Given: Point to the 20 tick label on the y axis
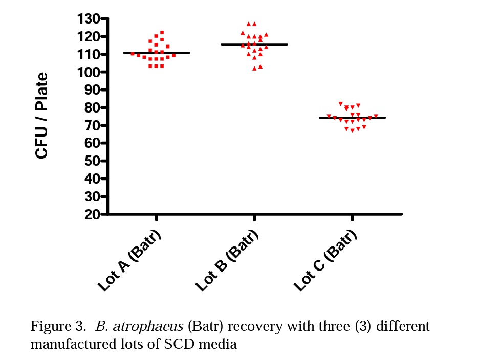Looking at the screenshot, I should pyautogui.click(x=92, y=215).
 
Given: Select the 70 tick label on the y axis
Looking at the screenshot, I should pyautogui.click(x=92, y=126).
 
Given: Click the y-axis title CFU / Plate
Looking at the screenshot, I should pyautogui.click(x=42, y=116).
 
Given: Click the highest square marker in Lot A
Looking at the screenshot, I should pyautogui.click(x=162, y=33).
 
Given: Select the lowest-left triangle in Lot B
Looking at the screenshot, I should pyautogui.click(x=254, y=68).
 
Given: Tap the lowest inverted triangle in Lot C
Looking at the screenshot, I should pyautogui.click(x=353, y=131).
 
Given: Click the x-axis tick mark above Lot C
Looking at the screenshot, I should pyautogui.click(x=352, y=218).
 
